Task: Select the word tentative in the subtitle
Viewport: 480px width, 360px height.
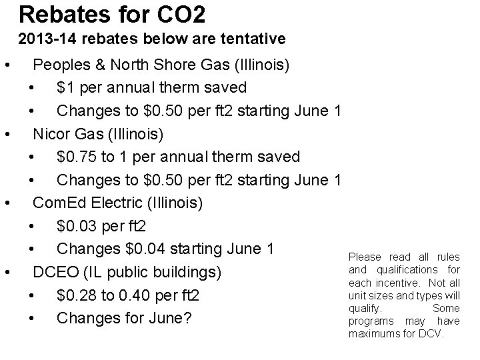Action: (255, 39)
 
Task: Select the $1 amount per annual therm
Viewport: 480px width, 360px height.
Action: (65, 87)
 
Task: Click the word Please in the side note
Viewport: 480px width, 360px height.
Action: (364, 257)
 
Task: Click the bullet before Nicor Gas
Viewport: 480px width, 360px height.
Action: (6, 134)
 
